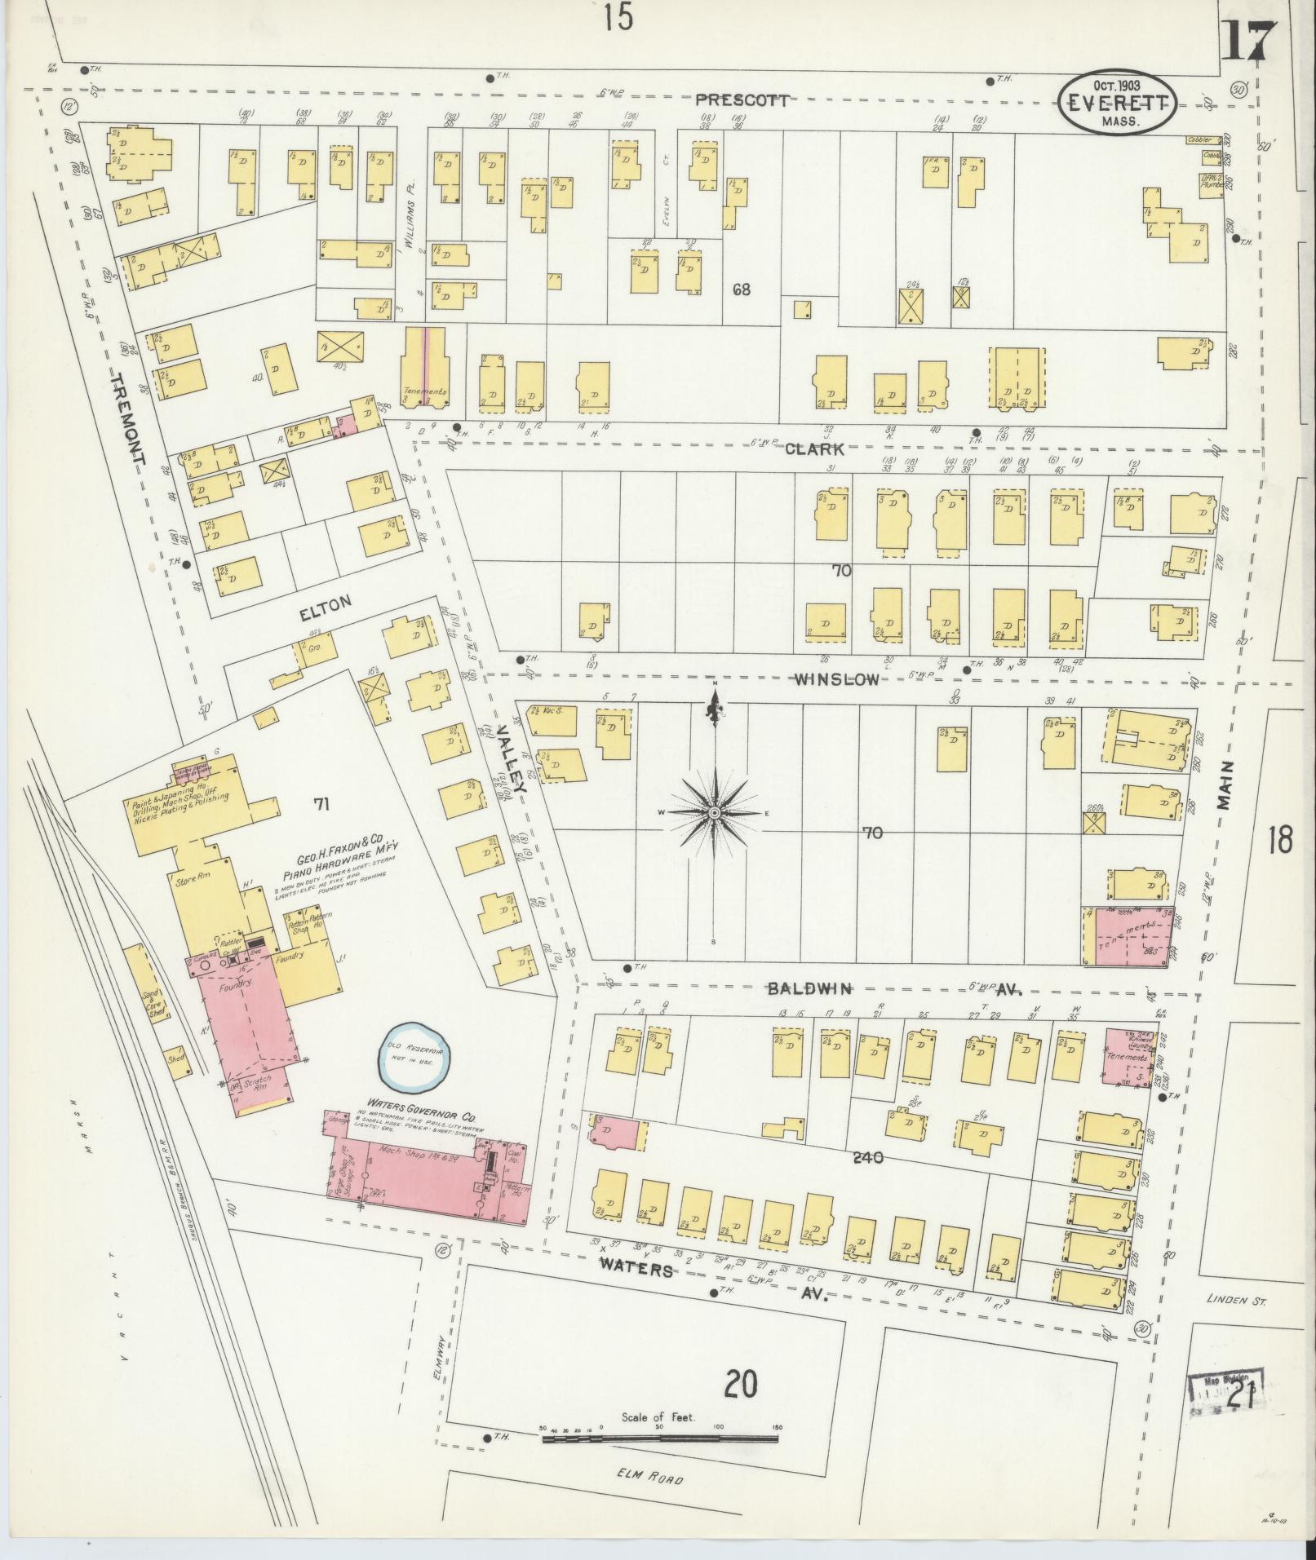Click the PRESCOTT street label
point(742,100)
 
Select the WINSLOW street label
point(838,679)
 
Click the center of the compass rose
point(714,813)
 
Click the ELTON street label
point(326,608)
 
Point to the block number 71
point(321,805)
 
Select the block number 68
point(740,289)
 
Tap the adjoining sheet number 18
point(1279,839)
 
